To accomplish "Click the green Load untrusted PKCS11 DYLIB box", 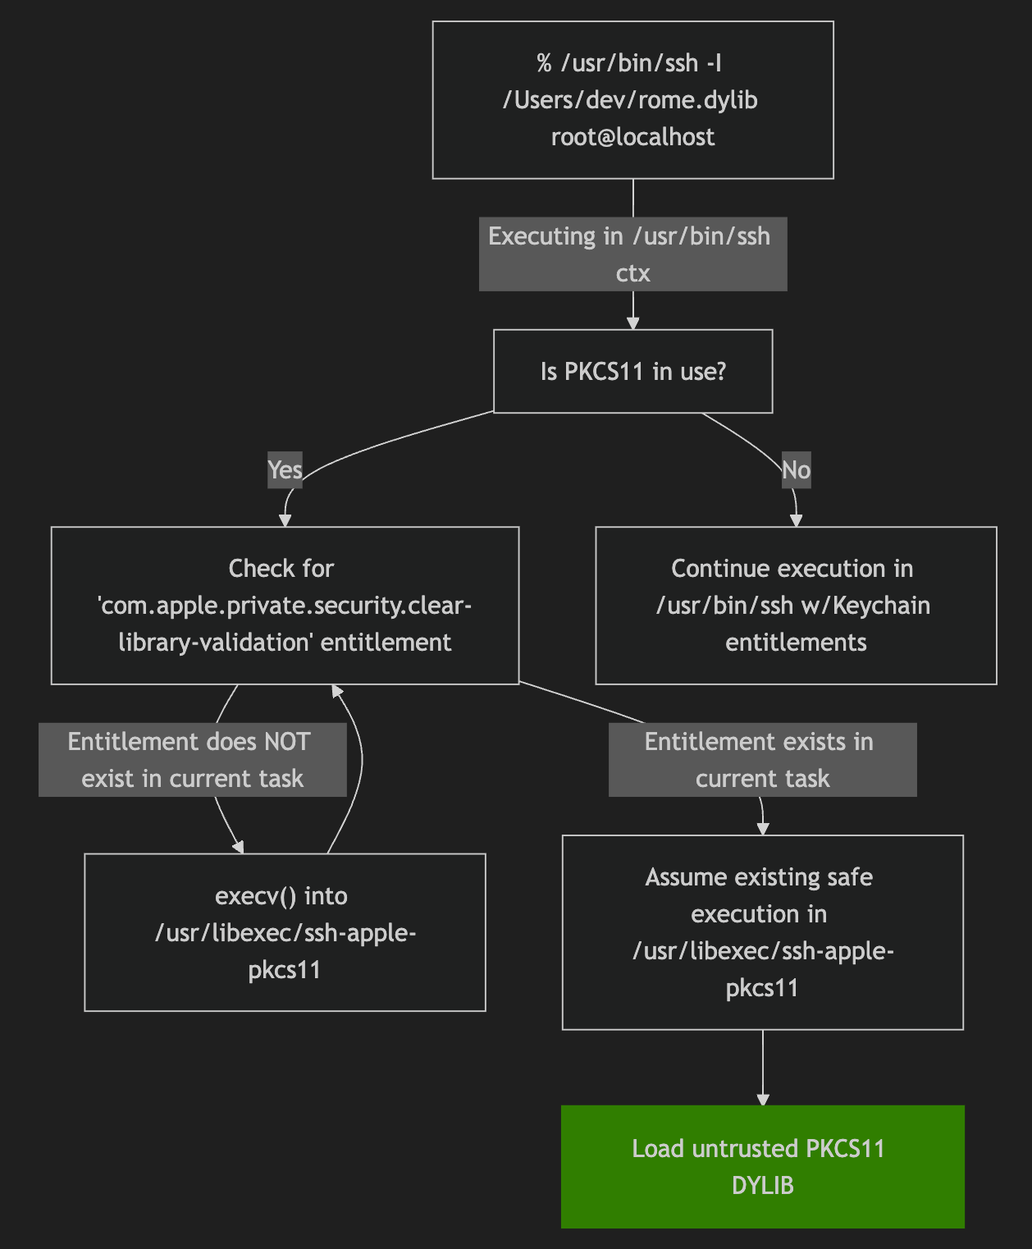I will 762,1166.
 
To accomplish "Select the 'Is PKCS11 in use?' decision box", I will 632,371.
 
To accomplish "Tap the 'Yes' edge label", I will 285,470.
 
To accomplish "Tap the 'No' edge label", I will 796,470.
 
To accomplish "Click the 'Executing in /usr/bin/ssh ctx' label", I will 632,254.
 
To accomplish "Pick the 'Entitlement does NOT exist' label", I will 192,759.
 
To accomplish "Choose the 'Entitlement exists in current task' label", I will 762,759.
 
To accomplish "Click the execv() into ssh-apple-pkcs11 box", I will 285,932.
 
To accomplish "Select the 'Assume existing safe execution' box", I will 762,931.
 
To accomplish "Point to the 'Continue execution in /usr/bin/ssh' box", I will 796,605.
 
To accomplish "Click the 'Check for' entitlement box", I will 285,605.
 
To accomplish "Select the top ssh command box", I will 632,99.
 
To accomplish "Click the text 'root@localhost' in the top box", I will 632,137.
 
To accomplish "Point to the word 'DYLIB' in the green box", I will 762,1186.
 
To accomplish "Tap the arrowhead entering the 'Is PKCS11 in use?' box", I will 632,323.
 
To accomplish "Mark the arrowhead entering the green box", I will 763,1099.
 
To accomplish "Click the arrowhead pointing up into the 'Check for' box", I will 337,691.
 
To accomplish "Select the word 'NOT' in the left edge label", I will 286,742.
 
